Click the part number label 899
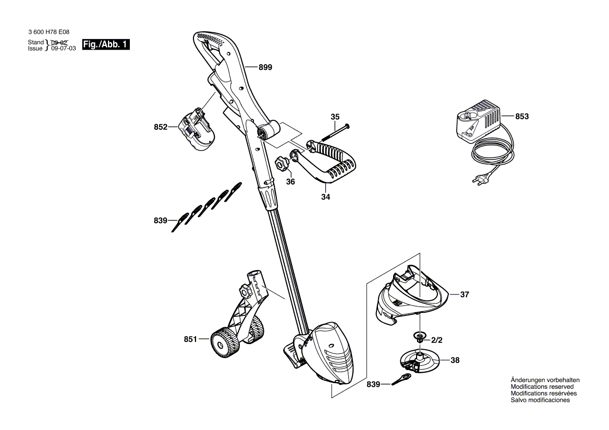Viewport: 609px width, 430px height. point(265,67)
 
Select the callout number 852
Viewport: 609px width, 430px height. point(161,127)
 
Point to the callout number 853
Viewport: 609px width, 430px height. point(522,117)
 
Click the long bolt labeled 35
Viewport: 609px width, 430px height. point(334,132)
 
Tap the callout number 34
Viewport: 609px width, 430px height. point(326,197)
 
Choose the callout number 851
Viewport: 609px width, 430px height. point(190,339)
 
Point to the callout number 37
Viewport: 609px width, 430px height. point(465,294)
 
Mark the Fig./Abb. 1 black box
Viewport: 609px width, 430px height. point(106,45)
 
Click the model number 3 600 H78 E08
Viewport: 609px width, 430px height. point(48,32)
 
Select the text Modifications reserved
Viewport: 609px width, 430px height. point(542,387)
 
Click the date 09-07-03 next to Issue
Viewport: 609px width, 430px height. point(64,48)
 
